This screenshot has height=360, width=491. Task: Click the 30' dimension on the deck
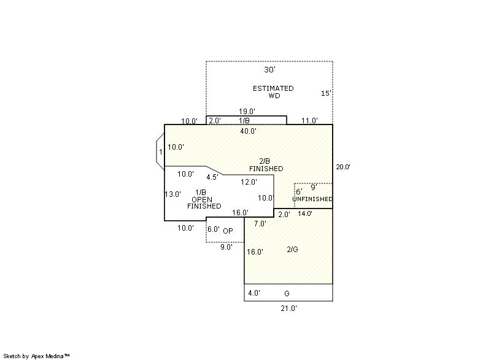(269, 69)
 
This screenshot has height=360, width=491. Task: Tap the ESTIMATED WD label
(273, 92)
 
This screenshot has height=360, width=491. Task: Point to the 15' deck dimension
(326, 93)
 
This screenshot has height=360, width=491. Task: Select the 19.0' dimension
(247, 112)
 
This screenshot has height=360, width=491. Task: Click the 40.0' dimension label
(249, 131)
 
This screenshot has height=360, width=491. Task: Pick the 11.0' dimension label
(309, 121)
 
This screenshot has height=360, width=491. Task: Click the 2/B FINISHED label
(266, 165)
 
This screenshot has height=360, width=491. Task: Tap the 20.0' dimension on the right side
(343, 167)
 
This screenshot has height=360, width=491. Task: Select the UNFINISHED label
(312, 199)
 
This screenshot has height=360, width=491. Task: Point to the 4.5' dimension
(212, 177)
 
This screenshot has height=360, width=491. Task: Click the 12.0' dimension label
(249, 182)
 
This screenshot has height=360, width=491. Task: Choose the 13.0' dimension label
(173, 194)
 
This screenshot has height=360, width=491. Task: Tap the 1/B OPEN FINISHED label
(204, 199)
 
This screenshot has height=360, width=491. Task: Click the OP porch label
(228, 231)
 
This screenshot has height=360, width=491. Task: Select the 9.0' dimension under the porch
(226, 247)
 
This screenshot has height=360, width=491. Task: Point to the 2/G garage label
(293, 249)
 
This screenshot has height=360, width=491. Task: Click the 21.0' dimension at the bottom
(288, 308)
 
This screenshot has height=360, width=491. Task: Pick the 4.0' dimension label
(254, 293)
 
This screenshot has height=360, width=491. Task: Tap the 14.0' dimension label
(305, 213)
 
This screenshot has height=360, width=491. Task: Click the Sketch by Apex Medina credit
(37, 356)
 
